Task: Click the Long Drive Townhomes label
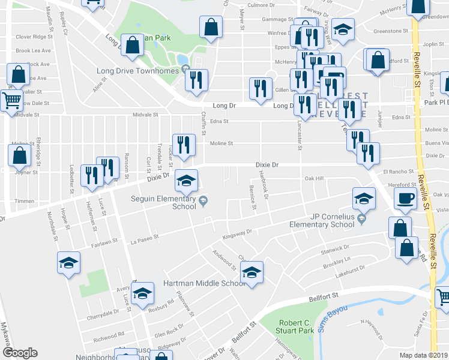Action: pyautogui.click(x=138, y=71)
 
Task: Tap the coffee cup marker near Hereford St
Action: pyautogui.click(x=405, y=198)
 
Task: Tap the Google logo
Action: pyautogui.click(x=20, y=353)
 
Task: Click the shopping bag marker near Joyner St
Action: pyautogui.click(x=19, y=155)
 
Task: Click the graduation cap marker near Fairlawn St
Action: pyautogui.click(x=68, y=262)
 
